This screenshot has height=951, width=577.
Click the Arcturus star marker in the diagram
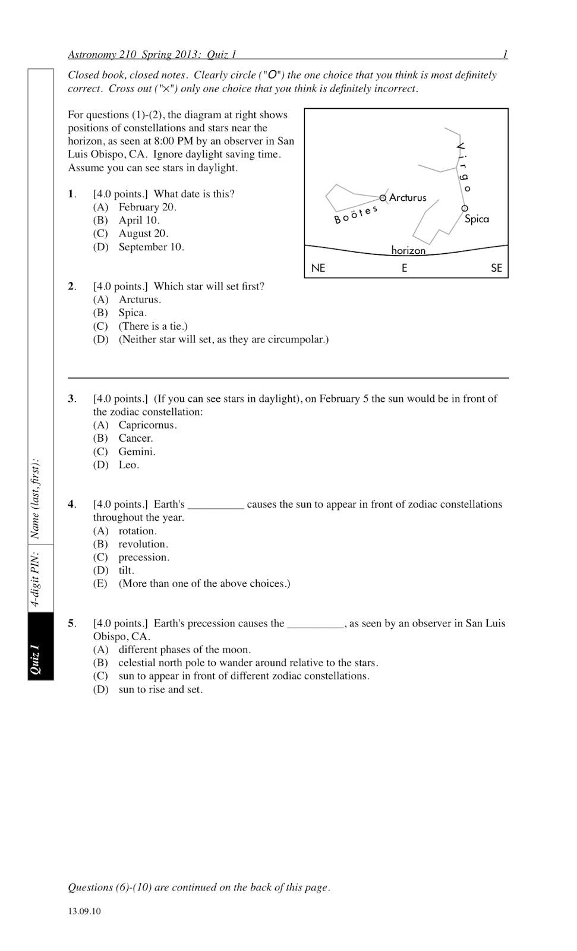(x=383, y=197)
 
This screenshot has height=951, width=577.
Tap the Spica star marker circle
(x=464, y=209)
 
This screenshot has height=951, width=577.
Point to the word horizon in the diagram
(x=408, y=250)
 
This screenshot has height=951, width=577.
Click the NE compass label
(x=318, y=268)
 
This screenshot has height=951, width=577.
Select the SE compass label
(x=496, y=268)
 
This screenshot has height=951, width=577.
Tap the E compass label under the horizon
(x=404, y=268)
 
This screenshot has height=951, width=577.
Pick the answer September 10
(x=151, y=247)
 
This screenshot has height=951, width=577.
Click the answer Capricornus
(x=147, y=425)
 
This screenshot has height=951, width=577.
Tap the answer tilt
(x=126, y=570)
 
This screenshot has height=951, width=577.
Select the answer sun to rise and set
(x=160, y=689)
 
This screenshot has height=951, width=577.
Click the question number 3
(x=71, y=399)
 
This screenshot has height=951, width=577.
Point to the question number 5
(x=71, y=623)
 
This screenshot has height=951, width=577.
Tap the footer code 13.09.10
(x=84, y=911)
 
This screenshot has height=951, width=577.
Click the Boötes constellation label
(x=356, y=215)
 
